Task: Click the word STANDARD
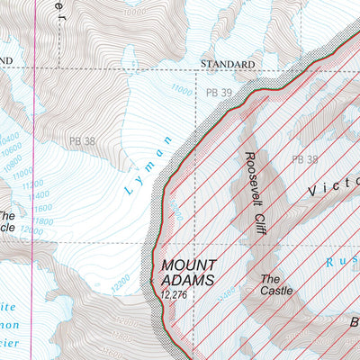tap(227, 65)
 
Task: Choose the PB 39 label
tap(220, 93)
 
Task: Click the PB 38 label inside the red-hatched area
tap(304, 159)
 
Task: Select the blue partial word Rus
tap(345, 262)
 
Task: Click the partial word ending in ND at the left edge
tap(7, 60)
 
